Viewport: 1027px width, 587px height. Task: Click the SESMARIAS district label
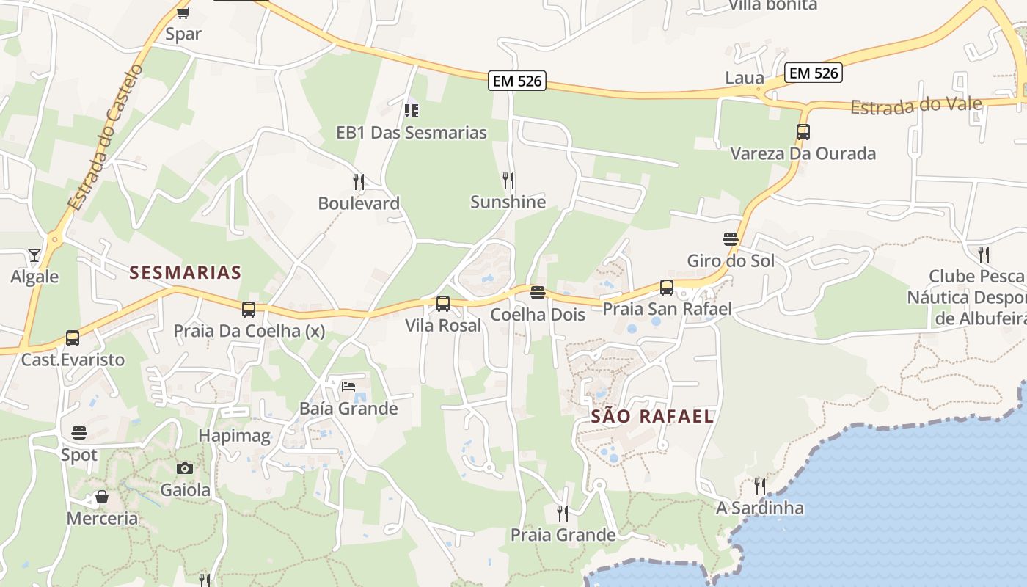pos(185,273)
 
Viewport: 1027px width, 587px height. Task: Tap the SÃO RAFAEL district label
pos(652,417)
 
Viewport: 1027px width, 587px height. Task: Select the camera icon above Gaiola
pos(185,468)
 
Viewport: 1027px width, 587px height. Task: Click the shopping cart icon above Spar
pos(183,12)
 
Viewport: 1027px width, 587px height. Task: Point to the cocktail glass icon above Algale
pos(34,255)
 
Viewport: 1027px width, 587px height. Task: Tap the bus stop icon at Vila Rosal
pos(443,304)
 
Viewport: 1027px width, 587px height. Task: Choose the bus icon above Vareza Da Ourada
pos(803,132)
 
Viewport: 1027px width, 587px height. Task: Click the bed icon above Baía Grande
pos(348,387)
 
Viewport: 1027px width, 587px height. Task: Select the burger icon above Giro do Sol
pos(730,239)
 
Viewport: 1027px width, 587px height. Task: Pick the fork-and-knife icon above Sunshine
pos(508,180)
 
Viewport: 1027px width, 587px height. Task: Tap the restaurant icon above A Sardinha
pos(760,486)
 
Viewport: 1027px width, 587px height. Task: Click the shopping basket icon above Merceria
pos(102,497)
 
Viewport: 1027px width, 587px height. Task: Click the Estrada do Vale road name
pos(915,105)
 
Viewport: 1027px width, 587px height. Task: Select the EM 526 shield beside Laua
pos(813,73)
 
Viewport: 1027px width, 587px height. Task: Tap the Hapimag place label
pos(235,436)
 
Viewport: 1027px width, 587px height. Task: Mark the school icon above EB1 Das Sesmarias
pos(412,111)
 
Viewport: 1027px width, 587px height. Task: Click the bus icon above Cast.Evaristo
pos(73,338)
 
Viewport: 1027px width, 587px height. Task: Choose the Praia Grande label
pos(563,535)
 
